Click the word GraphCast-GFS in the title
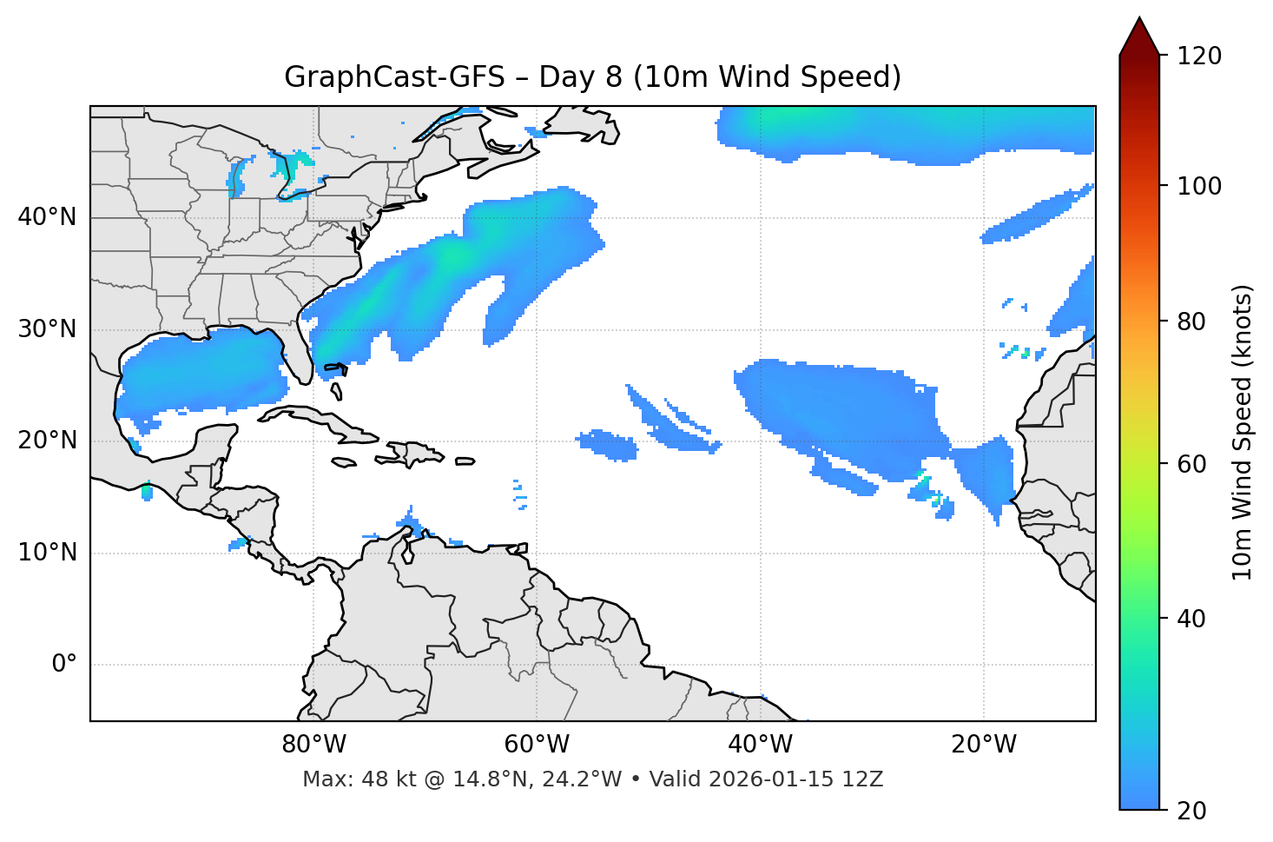(x=394, y=77)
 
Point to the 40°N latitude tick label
(x=47, y=217)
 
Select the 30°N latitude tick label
(x=47, y=329)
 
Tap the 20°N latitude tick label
(x=47, y=441)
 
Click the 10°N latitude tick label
(x=47, y=553)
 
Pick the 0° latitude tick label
(x=63, y=665)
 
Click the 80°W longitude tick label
(x=313, y=745)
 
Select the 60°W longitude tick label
(x=537, y=745)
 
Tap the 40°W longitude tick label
(x=760, y=745)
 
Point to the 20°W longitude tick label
(x=983, y=745)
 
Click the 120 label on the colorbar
(x=1198, y=56)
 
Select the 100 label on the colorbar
(x=1198, y=186)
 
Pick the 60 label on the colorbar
(x=1191, y=464)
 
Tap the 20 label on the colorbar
(x=1191, y=811)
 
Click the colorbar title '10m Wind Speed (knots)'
(x=1243, y=432)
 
